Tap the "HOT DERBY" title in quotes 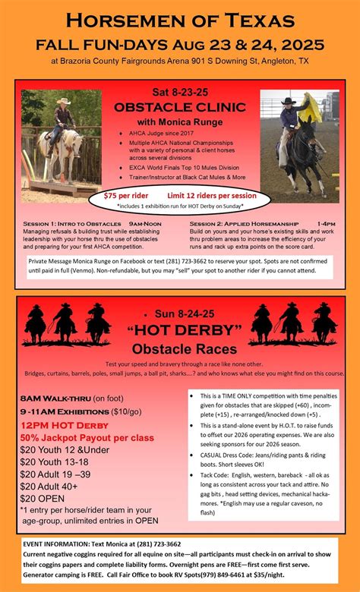179,329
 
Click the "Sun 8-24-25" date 179,312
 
